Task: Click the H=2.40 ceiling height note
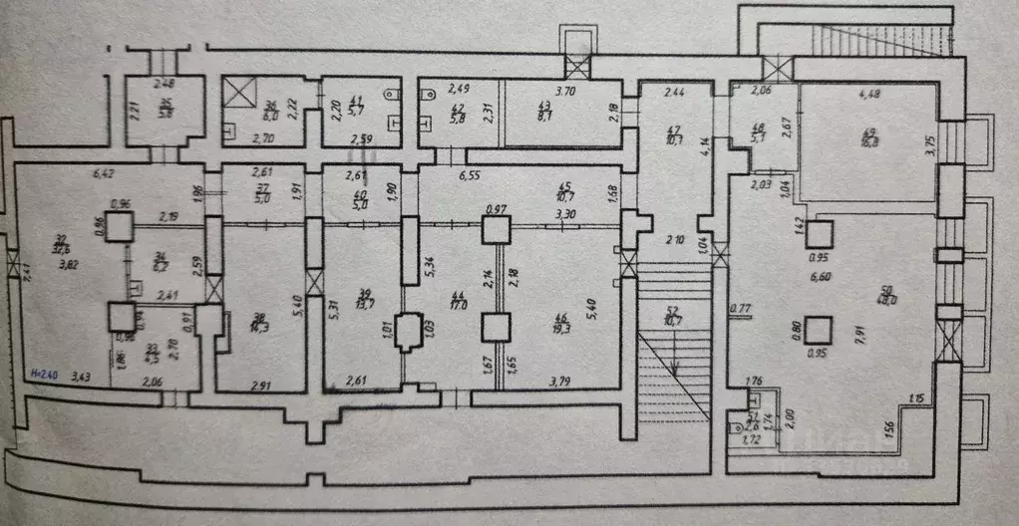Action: (45, 375)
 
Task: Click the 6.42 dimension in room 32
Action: (104, 173)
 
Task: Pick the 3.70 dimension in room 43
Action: (564, 91)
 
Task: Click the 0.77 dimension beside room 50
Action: (740, 309)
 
